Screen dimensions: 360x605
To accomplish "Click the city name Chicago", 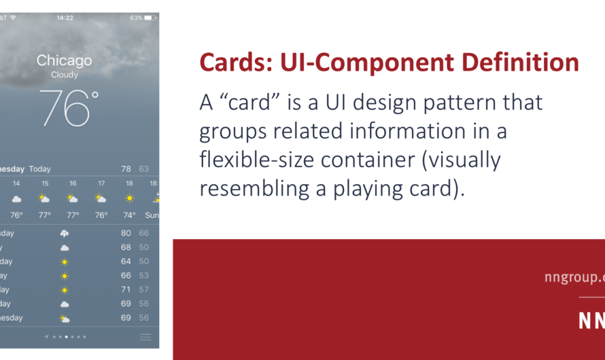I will tap(65, 60).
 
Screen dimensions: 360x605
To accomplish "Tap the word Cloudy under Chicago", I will tap(65, 75).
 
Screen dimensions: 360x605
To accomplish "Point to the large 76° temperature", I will tap(69, 108).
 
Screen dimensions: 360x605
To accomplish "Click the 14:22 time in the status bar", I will tap(65, 18).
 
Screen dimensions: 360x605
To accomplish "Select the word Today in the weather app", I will tap(40, 168).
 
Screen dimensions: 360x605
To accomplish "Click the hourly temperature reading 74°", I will tap(128, 215).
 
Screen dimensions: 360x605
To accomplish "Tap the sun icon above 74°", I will tap(128, 198).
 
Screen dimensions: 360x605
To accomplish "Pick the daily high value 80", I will tap(126, 233).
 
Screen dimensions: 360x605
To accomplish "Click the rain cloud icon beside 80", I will tap(65, 233).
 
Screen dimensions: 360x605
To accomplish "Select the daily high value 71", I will tap(126, 289).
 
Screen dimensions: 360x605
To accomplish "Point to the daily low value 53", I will tap(144, 275).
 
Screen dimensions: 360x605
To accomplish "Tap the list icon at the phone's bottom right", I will tap(145, 336).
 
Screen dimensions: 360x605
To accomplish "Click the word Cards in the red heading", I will tap(228, 63).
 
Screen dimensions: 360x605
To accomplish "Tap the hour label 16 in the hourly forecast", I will tap(73, 183).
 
